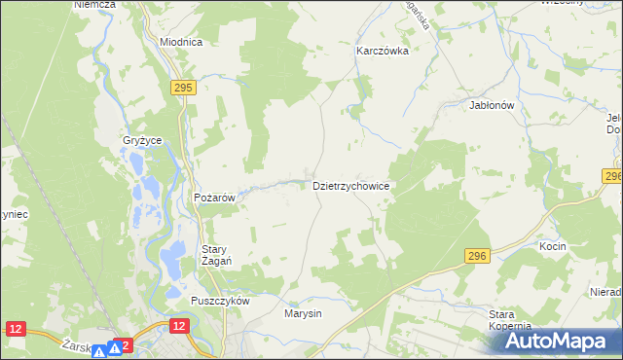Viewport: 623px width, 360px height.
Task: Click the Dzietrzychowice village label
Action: pos(351,185)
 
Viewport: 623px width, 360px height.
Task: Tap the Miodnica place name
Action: pos(180,43)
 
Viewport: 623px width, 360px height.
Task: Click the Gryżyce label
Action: pos(142,140)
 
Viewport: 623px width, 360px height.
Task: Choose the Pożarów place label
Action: pos(215,198)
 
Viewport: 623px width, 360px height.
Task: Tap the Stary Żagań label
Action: pos(220,255)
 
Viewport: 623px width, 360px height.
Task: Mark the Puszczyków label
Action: pos(221,301)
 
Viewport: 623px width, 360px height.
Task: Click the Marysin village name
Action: pos(303,314)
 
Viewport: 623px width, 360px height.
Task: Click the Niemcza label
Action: pos(94,5)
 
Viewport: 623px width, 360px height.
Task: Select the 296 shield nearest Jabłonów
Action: pos(612,176)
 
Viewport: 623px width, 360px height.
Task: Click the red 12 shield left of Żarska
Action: pos(15,330)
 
